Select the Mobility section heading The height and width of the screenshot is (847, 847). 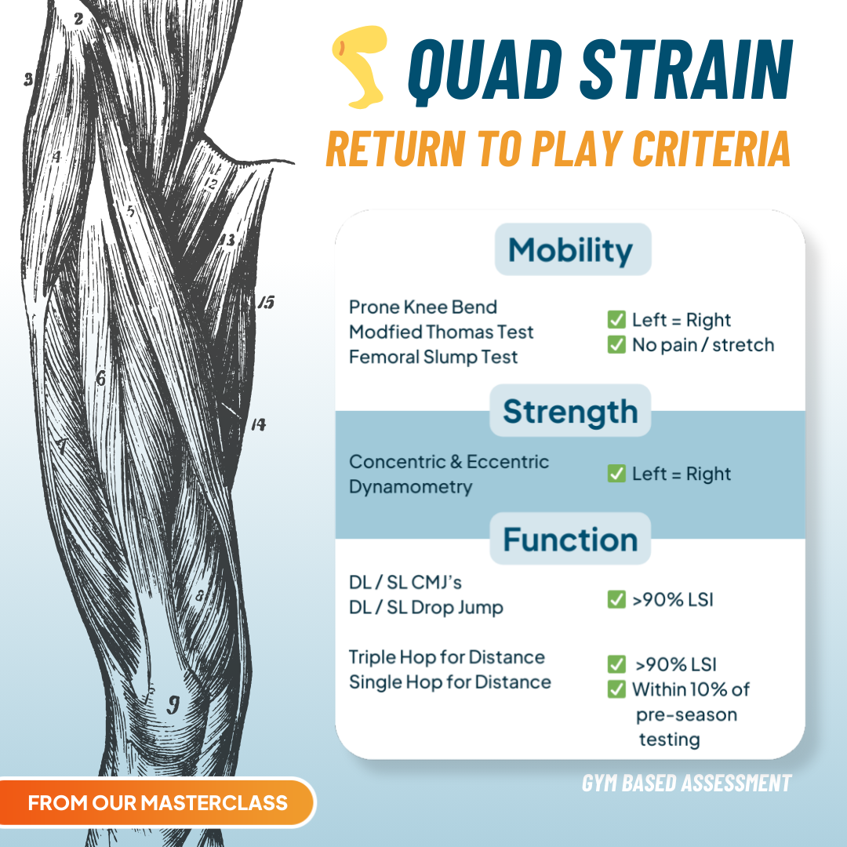[x=570, y=250]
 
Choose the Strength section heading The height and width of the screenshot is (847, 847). [x=570, y=411]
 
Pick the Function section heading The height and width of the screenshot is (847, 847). [x=570, y=540]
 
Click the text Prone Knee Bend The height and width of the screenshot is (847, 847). [x=423, y=307]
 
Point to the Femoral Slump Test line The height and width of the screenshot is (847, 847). [x=434, y=357]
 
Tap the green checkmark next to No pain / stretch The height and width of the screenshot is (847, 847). [x=616, y=345]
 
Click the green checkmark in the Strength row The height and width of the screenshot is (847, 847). [x=616, y=474]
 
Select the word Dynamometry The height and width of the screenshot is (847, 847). [x=411, y=486]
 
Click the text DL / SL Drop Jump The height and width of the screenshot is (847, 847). [x=426, y=607]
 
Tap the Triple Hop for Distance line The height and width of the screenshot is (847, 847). [x=447, y=657]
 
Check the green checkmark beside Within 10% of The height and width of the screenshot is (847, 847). [x=616, y=690]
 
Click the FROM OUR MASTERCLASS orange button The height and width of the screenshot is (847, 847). [x=157, y=803]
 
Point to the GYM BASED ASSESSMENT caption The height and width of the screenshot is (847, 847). [x=686, y=783]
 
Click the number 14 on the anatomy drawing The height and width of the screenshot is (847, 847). [x=258, y=425]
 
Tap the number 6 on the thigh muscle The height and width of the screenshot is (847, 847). [x=100, y=378]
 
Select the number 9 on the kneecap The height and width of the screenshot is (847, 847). [x=173, y=703]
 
